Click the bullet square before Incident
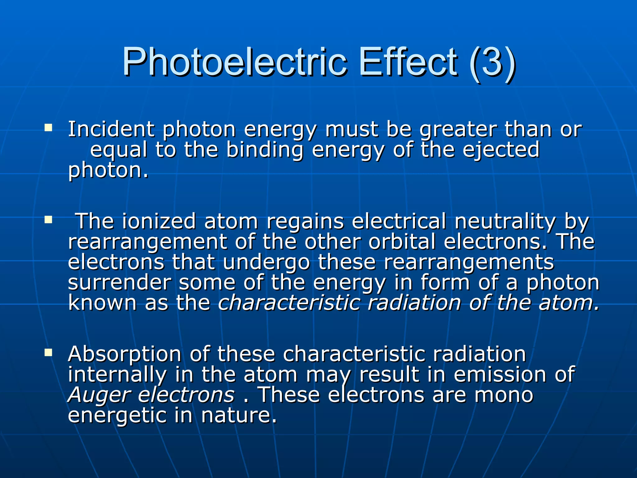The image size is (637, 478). (48, 128)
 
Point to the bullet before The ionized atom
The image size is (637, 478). (48, 220)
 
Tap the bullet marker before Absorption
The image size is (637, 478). (48, 353)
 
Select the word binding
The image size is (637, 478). (264, 150)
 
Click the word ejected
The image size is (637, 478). (501, 150)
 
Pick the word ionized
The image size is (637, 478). (159, 221)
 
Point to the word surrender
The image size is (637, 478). (119, 283)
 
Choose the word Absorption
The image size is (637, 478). (124, 354)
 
